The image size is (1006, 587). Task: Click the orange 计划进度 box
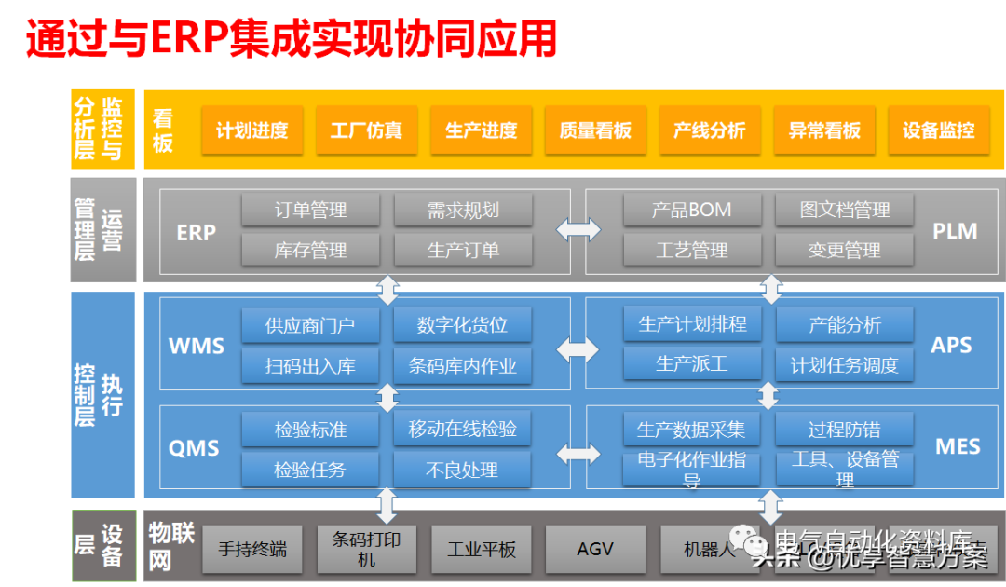pos(251,130)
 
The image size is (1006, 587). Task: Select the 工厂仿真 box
pos(366,130)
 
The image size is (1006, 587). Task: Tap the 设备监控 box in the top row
pos(938,130)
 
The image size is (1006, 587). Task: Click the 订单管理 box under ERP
pos(310,211)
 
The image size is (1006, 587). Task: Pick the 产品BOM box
pos(691,211)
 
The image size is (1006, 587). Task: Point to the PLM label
pos(955,231)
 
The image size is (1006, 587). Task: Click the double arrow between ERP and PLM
pos(578,229)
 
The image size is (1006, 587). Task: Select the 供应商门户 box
pos(310,325)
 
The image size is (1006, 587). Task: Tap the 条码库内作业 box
pos(462,365)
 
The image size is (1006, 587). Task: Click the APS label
pos(951,346)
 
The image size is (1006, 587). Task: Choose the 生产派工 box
pos(691,363)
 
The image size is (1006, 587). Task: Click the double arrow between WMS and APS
pos(578,349)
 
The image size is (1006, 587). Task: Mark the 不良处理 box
pos(462,470)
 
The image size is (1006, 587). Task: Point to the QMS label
pos(194,448)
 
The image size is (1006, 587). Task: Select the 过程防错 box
pos(844,430)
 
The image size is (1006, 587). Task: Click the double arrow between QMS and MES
pos(578,454)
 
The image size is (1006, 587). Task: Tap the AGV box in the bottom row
pos(595,549)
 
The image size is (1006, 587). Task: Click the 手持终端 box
pos(252,549)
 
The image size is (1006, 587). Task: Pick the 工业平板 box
pos(481,549)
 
